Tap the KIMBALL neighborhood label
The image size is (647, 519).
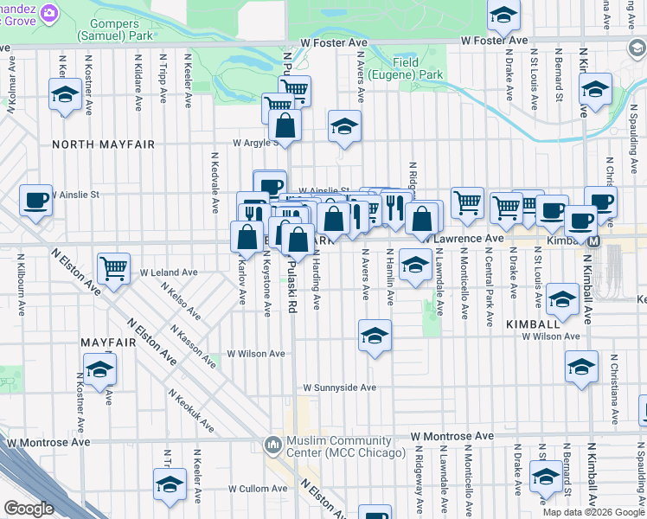pos(531,323)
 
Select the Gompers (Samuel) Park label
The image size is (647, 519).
pos(115,29)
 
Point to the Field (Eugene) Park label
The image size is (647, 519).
pos(406,69)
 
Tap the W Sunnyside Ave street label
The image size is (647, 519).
pos(339,388)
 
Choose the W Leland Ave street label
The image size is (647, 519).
pos(168,272)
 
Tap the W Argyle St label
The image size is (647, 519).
pos(255,143)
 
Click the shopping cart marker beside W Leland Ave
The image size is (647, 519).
pos(114,268)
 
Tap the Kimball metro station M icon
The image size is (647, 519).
pos(593,240)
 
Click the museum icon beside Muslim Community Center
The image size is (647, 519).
pos(273,445)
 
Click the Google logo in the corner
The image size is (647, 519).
pos(29,509)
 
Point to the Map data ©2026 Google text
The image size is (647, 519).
pos(593,512)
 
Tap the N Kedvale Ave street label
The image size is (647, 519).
pos(215,183)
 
